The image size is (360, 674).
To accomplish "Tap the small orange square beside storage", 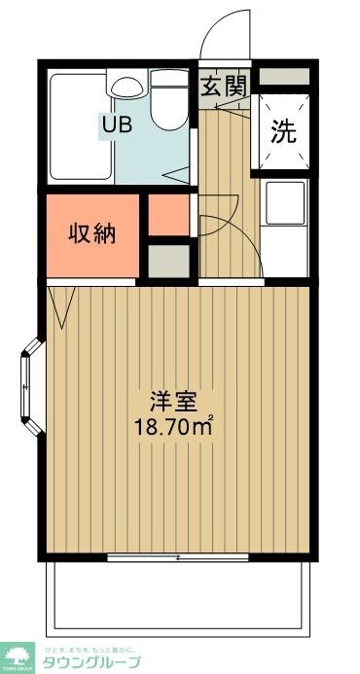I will pos(169,216).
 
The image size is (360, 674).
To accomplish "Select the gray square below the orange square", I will pos(169,260).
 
